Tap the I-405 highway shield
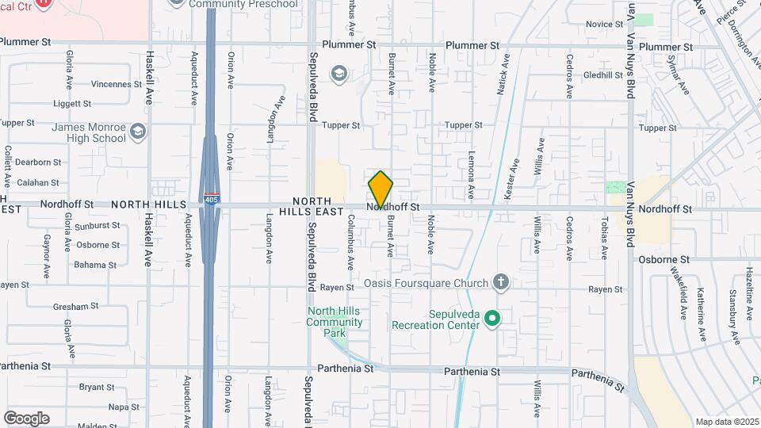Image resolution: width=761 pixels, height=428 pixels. (211, 197)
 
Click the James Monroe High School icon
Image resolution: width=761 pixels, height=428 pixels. (139, 131)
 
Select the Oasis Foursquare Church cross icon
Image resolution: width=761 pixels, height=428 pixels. (500, 281)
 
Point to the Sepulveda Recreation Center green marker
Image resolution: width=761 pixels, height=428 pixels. (492, 319)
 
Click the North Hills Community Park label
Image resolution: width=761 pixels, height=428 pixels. (335, 316)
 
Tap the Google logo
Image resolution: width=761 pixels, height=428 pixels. (26, 418)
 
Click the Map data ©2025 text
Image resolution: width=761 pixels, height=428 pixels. (727, 422)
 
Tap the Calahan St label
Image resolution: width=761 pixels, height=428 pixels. (39, 182)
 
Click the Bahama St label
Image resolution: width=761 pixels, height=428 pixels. (96, 265)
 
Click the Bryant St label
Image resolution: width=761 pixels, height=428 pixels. (97, 388)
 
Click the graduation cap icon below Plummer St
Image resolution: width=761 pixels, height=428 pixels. (339, 74)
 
